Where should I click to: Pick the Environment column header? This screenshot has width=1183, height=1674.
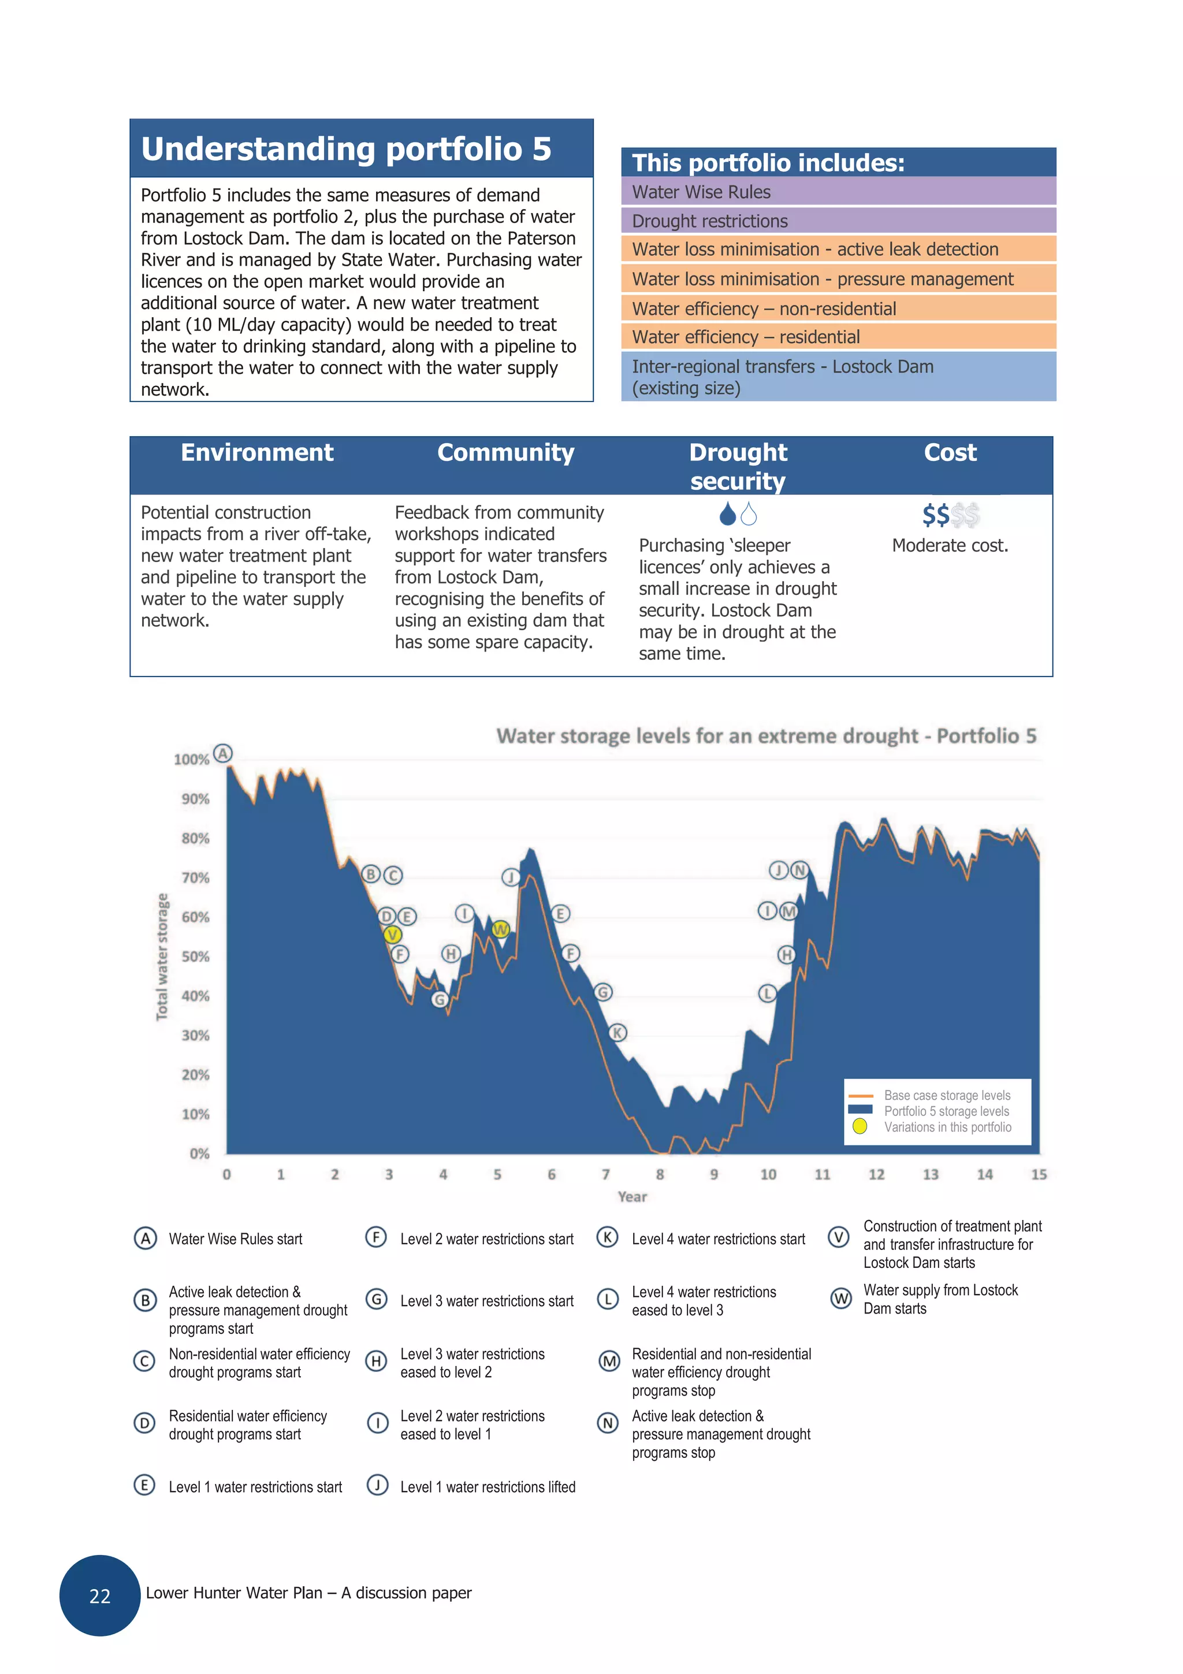(256, 453)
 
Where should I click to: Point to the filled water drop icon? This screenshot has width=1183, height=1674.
(727, 514)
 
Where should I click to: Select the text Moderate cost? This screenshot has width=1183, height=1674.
(949, 545)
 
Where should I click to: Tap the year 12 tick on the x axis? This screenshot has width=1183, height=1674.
(876, 1174)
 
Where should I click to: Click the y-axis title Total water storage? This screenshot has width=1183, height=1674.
(162, 956)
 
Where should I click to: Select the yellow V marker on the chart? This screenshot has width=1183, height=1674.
(392, 935)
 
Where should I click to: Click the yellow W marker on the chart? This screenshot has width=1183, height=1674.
(500, 929)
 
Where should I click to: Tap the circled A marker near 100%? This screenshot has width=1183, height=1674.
(223, 753)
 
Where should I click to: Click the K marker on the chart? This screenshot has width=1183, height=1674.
(618, 1032)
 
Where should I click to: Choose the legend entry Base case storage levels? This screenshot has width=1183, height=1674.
(946, 1095)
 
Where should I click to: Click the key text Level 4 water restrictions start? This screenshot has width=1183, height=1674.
(717, 1238)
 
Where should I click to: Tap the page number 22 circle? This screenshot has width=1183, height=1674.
(100, 1596)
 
